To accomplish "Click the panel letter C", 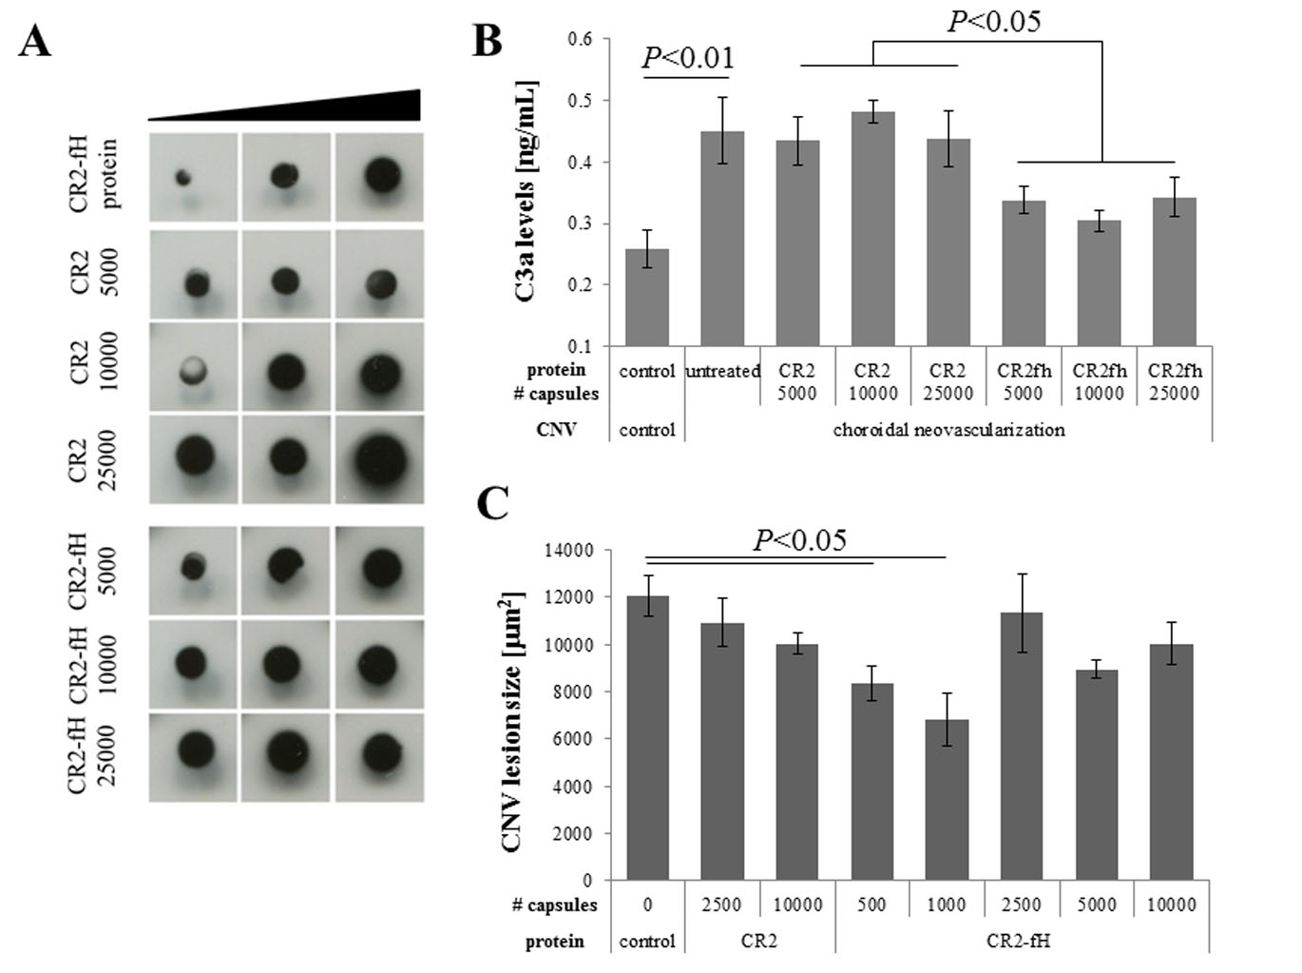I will click(491, 504).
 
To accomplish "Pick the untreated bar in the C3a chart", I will click(722, 238).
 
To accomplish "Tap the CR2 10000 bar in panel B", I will click(872, 228).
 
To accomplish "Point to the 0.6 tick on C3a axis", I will click(580, 39).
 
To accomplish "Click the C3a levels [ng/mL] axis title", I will click(525, 192).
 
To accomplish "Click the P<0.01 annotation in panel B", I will click(688, 58).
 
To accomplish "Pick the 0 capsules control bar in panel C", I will click(647, 737).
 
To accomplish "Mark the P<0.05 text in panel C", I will click(799, 540).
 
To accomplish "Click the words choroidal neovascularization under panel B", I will click(948, 430).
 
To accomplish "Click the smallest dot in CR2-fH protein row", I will click(183, 177).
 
